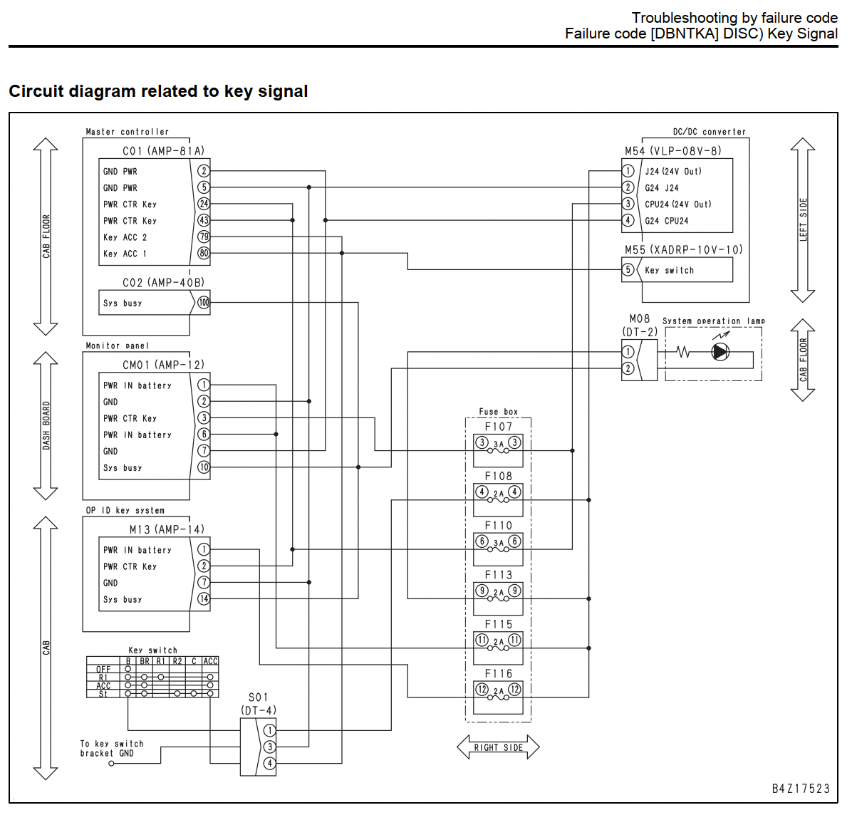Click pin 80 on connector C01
[x=203, y=253]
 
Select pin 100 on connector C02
[x=203, y=303]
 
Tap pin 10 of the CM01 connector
[x=203, y=467]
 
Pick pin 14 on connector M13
[x=203, y=598]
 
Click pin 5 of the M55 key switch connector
[x=628, y=269]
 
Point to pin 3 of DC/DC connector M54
[x=628, y=204]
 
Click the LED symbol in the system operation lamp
[x=720, y=352]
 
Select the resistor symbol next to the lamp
[x=683, y=352]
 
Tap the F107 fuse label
[x=498, y=427]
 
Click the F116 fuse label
[x=498, y=674]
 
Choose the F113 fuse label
[x=498, y=575]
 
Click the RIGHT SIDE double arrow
[x=498, y=747]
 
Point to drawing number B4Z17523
[x=801, y=789]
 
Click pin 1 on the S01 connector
[x=269, y=730]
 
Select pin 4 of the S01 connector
[x=269, y=764]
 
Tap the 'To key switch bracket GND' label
[x=112, y=748]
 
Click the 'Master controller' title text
[x=127, y=132]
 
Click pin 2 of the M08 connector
[x=628, y=368]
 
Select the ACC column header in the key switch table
[x=210, y=661]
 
